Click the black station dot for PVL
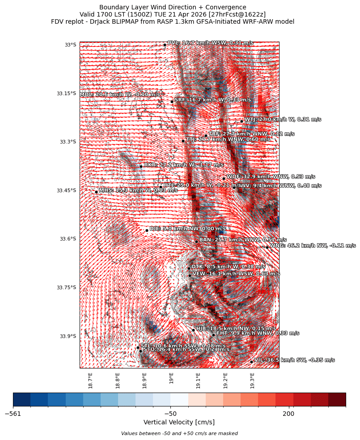(165, 45)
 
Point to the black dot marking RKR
(141, 166)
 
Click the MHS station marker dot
(96, 192)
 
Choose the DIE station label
(187, 228)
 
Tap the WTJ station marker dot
(241, 121)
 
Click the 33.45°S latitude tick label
(66, 190)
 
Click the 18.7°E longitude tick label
(91, 381)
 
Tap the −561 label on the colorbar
(13, 414)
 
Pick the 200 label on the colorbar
(288, 414)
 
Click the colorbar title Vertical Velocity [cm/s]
(179, 423)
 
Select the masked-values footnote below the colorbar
(179, 434)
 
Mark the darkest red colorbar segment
(337, 399)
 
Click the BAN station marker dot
(196, 241)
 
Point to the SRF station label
(212, 100)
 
